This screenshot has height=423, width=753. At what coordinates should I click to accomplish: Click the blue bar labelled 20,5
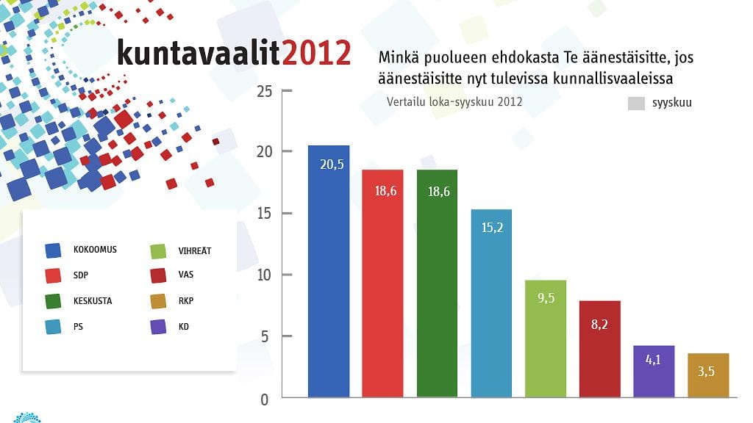pyautogui.click(x=329, y=272)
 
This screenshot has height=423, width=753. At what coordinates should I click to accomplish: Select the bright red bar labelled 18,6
pyautogui.click(x=382, y=283)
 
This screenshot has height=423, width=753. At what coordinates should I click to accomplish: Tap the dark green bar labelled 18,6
pyautogui.click(x=437, y=283)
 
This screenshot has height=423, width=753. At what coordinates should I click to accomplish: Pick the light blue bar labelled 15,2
pyautogui.click(x=491, y=303)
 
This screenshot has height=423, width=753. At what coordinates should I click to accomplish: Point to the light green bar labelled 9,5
pyautogui.click(x=546, y=339)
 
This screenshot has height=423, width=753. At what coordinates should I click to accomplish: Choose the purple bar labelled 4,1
pyautogui.click(x=654, y=371)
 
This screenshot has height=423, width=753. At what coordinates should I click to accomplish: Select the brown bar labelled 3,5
pyautogui.click(x=709, y=375)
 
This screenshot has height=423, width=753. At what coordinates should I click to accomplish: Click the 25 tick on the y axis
pyautogui.click(x=265, y=91)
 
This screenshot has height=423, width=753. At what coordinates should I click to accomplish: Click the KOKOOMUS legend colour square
pyautogui.click(x=53, y=250)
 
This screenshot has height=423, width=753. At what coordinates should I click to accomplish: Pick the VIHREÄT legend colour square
pyautogui.click(x=158, y=250)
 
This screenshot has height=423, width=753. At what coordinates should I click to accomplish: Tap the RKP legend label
pyautogui.click(x=185, y=301)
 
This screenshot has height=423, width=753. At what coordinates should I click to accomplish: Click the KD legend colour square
pyautogui.click(x=158, y=326)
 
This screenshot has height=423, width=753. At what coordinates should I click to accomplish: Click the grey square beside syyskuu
pyautogui.click(x=636, y=104)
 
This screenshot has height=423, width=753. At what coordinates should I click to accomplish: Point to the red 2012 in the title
pyautogui.click(x=316, y=53)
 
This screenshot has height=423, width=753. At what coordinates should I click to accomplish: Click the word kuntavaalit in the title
pyautogui.click(x=199, y=53)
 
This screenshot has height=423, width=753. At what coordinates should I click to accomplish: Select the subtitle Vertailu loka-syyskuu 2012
pyautogui.click(x=454, y=102)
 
